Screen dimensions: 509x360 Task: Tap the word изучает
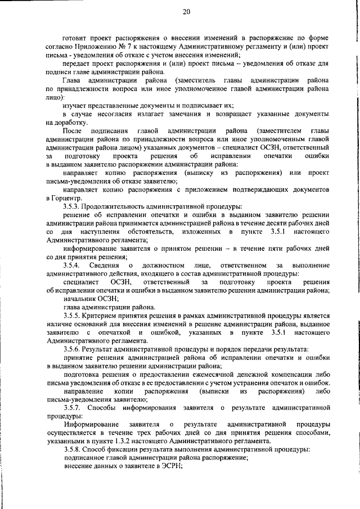coord(78,105)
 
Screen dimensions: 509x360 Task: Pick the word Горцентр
coord(71,199)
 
